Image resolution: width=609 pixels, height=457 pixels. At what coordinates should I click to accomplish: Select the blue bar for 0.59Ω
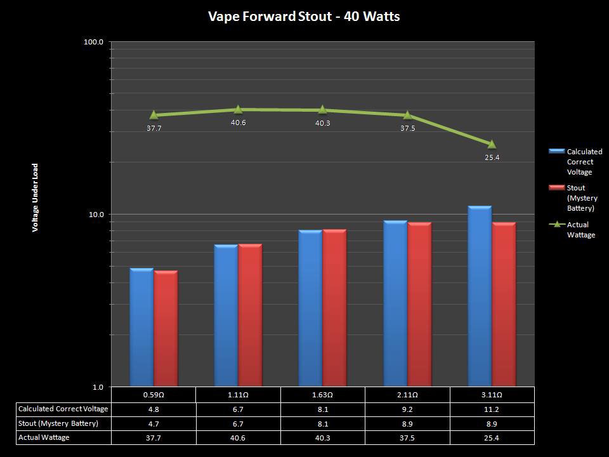click(141, 327)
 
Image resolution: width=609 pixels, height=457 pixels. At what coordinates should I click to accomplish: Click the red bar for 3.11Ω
click(504, 305)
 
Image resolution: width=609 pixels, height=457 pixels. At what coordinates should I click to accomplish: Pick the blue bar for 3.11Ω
click(480, 296)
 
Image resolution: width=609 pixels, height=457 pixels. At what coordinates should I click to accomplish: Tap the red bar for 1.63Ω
click(334, 308)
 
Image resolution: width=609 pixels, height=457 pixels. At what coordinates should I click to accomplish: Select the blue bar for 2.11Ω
click(395, 303)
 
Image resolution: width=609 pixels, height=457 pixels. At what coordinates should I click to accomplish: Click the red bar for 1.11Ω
click(250, 315)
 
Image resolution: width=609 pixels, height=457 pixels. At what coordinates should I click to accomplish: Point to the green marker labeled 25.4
click(492, 144)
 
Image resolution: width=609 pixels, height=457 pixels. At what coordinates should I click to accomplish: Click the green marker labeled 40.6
click(239, 109)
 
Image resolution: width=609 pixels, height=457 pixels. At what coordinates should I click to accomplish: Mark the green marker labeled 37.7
click(154, 115)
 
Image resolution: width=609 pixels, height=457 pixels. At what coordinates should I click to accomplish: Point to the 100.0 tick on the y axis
click(93, 43)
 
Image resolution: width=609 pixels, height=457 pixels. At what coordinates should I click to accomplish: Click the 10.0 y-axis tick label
click(95, 215)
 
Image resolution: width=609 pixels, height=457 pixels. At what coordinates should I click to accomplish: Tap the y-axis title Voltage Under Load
click(36, 197)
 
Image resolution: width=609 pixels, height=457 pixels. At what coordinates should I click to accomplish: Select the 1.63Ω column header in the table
click(322, 395)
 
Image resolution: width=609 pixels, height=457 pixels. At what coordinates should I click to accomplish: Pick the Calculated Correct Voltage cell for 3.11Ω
click(492, 409)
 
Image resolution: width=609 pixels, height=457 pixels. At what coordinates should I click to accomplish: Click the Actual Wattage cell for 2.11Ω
click(407, 437)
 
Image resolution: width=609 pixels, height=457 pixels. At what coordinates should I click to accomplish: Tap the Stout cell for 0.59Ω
click(154, 423)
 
